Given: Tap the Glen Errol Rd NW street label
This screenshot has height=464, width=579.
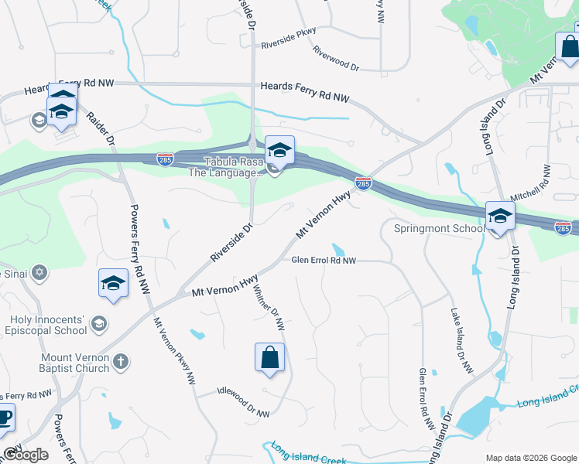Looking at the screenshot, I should click(x=324, y=261).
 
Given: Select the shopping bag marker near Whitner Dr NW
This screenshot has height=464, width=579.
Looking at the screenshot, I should click(x=269, y=358).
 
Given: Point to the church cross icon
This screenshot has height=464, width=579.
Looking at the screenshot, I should click(x=120, y=361).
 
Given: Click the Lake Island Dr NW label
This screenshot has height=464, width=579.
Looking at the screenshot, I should click(x=461, y=341).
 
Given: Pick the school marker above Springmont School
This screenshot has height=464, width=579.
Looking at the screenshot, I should click(x=500, y=216).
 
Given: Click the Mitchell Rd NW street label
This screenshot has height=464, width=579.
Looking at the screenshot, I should click(x=534, y=183).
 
